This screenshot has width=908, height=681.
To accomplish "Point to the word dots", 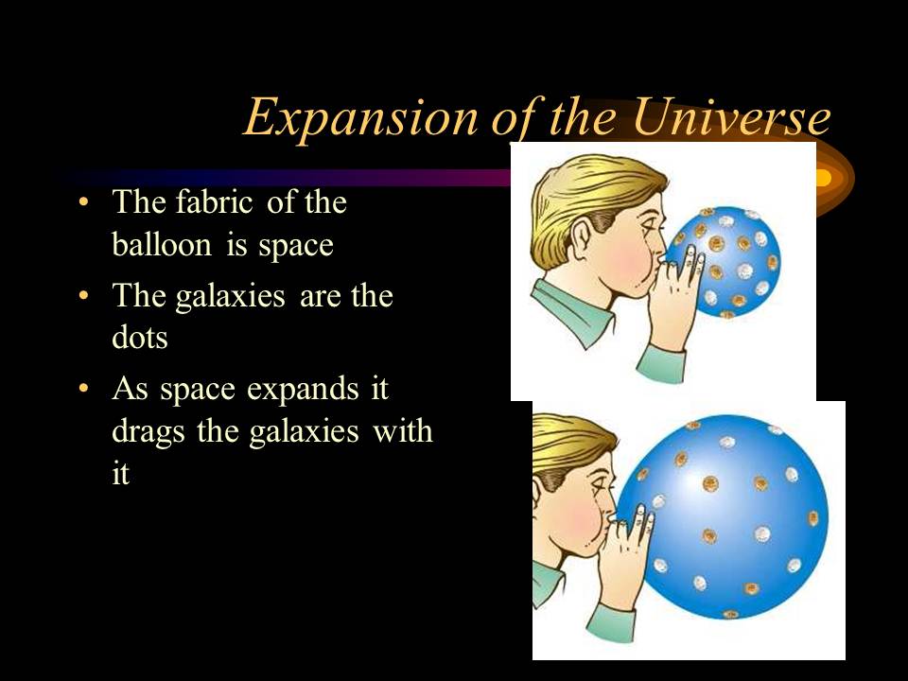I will (139, 338).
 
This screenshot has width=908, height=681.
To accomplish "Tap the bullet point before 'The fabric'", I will (85, 203).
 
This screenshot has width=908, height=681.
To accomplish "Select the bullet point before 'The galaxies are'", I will (85, 296).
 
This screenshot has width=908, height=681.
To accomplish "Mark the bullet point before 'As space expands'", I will (85, 389).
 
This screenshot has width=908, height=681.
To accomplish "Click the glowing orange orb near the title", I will (821, 177).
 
